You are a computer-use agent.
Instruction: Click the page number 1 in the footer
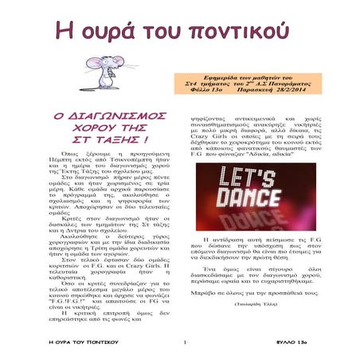(x=182, y=343)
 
